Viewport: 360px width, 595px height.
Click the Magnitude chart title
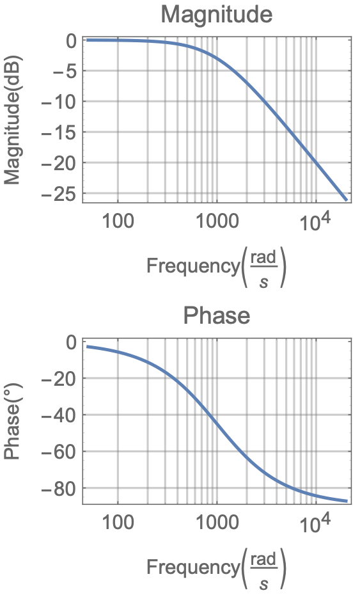pyautogui.click(x=216, y=14)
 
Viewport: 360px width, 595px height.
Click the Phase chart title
pyautogui.click(x=216, y=315)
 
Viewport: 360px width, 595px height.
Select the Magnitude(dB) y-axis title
pyautogui.click(x=13, y=120)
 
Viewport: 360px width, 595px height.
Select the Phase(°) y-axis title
pyautogui.click(x=13, y=422)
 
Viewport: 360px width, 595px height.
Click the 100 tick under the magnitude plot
pyautogui.click(x=118, y=222)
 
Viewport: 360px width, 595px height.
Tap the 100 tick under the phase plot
pyautogui.click(x=118, y=524)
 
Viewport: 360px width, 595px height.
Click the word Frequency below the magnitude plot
pyautogui.click(x=192, y=266)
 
